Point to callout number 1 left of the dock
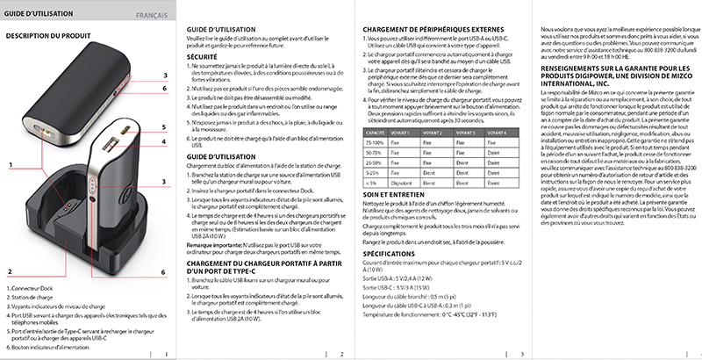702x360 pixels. tap(11, 190)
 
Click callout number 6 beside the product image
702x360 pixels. tap(164, 273)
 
